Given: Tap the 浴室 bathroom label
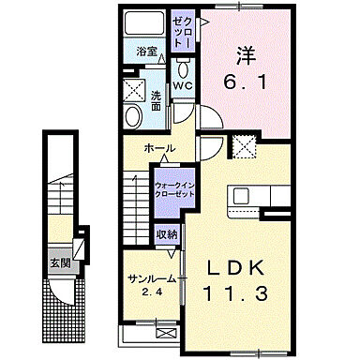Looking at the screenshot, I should [145, 52].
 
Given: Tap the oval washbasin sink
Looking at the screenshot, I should [133, 116].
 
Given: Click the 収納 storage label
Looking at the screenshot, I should [167, 234].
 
